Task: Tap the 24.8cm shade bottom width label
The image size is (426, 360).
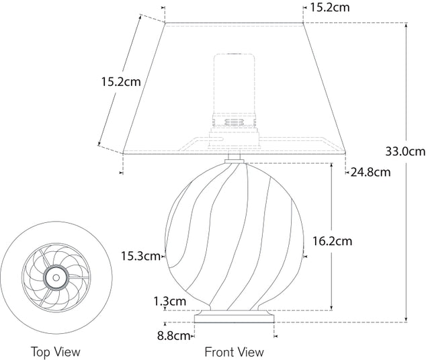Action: pyautogui.click(x=370, y=172)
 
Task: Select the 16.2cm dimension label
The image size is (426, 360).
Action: pyautogui.click(x=332, y=240)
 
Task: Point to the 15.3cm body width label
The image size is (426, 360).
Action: pyautogui.click(x=141, y=255)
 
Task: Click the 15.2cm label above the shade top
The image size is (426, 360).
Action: pyautogui.click(x=330, y=8)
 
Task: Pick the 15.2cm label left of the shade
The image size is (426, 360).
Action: pyautogui.click(x=120, y=82)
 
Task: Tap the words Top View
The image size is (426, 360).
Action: pyautogui.click(x=55, y=351)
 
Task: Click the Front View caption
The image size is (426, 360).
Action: pyautogui.click(x=234, y=351)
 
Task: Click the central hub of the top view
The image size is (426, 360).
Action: pyautogui.click(x=55, y=276)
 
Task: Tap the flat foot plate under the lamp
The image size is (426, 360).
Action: pyautogui.click(x=234, y=316)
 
